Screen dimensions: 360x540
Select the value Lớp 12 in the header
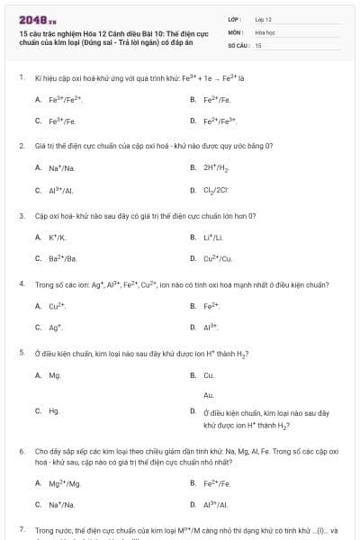pyautogui.click(x=264, y=18)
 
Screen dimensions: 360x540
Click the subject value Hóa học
pyautogui.click(x=265, y=31)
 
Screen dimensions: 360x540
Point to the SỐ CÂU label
pyautogui.click(x=238, y=44)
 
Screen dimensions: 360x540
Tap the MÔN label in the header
pyautogui.click(x=235, y=31)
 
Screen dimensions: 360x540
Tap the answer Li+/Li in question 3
pyautogui.click(x=216, y=238)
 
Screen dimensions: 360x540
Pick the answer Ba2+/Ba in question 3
pyautogui.click(x=63, y=259)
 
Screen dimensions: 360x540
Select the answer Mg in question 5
pyautogui.click(x=55, y=375)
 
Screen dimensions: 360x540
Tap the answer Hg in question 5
pyautogui.click(x=55, y=410)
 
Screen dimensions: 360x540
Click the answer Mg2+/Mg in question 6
pyautogui.click(x=65, y=483)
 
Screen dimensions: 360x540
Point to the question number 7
pyautogui.click(x=21, y=530)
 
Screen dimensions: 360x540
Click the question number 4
pyautogui.click(x=21, y=283)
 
